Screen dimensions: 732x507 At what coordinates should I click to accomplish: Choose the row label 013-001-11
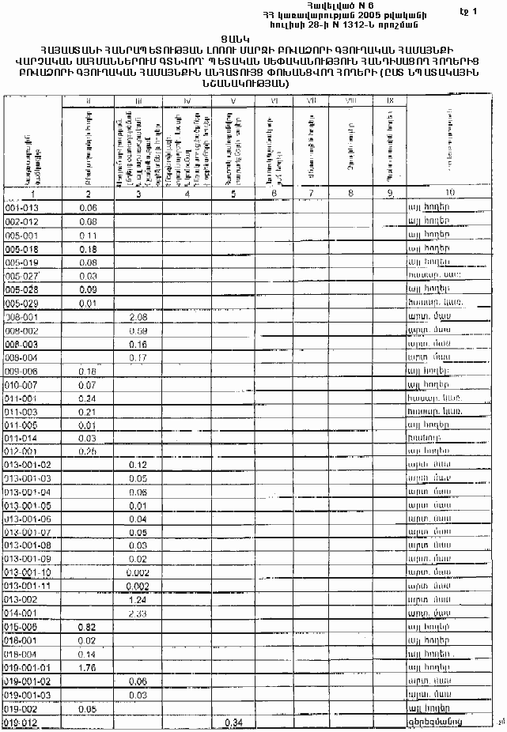[x=28, y=586]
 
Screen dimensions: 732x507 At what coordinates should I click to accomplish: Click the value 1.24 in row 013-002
[x=138, y=599]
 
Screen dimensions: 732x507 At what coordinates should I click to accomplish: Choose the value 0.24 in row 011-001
[x=88, y=398]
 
